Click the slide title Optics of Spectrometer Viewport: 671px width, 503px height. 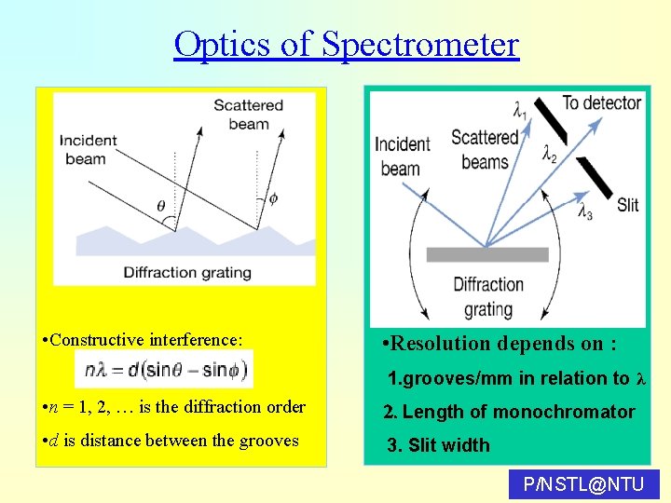346,44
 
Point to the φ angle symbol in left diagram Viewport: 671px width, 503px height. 273,198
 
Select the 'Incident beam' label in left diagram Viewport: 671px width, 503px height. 88,149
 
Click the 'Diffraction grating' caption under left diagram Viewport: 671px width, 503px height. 187,272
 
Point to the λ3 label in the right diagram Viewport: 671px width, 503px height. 585,212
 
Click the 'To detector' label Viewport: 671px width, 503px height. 601,102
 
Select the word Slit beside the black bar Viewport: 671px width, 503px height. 627,204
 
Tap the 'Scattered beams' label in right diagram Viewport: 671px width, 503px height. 484,149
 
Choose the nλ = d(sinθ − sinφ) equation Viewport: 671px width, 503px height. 163,369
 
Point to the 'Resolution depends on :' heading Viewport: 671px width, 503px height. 500,344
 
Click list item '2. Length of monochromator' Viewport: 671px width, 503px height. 510,412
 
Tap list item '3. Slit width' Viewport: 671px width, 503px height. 439,445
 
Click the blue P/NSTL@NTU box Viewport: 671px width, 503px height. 584,484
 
